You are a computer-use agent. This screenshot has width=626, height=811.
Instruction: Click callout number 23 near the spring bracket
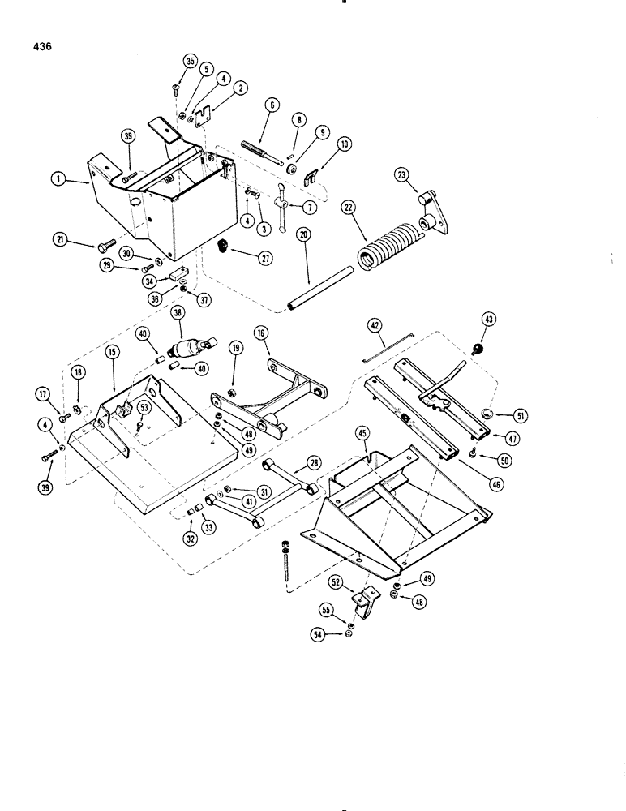point(403,174)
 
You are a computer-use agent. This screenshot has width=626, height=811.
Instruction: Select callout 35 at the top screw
point(191,61)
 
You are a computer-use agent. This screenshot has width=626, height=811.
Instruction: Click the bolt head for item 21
point(108,244)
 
